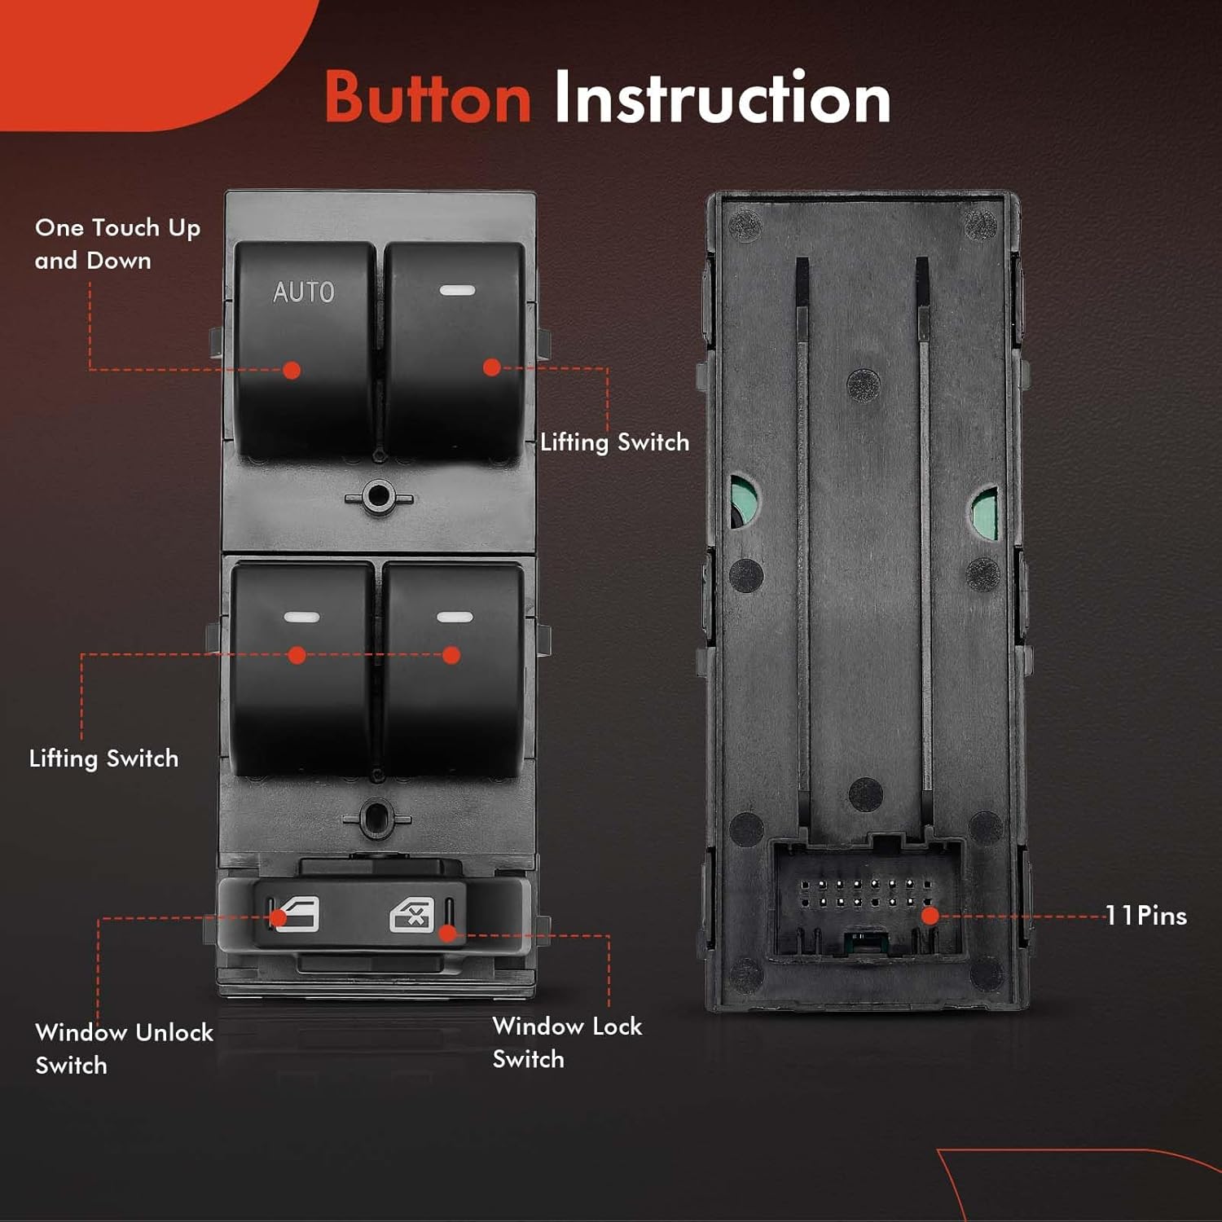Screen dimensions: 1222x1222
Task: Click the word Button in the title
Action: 428,98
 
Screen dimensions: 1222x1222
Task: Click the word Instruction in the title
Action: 722,98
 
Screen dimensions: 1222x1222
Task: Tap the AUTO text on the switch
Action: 303,292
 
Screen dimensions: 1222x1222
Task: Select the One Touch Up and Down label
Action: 116,244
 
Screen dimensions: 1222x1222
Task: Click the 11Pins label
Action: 1145,916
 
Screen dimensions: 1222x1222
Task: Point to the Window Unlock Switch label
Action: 123,1048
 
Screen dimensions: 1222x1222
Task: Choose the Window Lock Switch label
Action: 567,1042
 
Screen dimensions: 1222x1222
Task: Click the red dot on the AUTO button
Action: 291,370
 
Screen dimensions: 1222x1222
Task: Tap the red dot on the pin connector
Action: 930,916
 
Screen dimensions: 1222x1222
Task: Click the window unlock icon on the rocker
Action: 298,914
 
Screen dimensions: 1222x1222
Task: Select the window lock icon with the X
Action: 411,915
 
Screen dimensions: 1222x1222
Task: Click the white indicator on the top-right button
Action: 456,291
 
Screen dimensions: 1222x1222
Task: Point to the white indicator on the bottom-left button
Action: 301,617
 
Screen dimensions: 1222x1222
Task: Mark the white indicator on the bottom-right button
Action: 454,617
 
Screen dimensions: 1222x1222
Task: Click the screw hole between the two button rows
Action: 378,496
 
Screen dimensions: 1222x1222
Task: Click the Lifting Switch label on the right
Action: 614,442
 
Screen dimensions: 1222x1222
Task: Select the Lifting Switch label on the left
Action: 103,758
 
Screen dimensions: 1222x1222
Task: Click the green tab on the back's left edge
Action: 741,502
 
